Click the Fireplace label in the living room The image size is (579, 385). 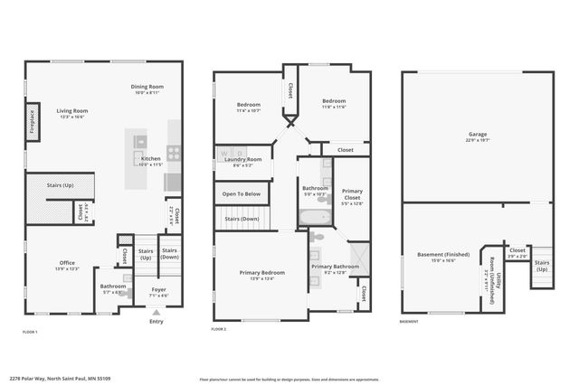click(32, 119)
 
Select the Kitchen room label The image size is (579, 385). click(150, 160)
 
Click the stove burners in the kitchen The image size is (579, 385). click(173, 153)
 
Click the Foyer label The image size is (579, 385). click(157, 291)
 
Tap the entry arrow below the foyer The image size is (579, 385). click(157, 311)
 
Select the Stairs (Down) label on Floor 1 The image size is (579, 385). click(169, 253)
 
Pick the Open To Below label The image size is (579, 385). click(242, 193)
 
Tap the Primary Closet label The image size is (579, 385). click(353, 196)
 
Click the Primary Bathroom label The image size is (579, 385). click(336, 268)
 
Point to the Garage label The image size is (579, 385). click(478, 136)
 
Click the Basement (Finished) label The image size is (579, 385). click(442, 256)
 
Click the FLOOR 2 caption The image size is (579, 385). click(218, 330)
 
